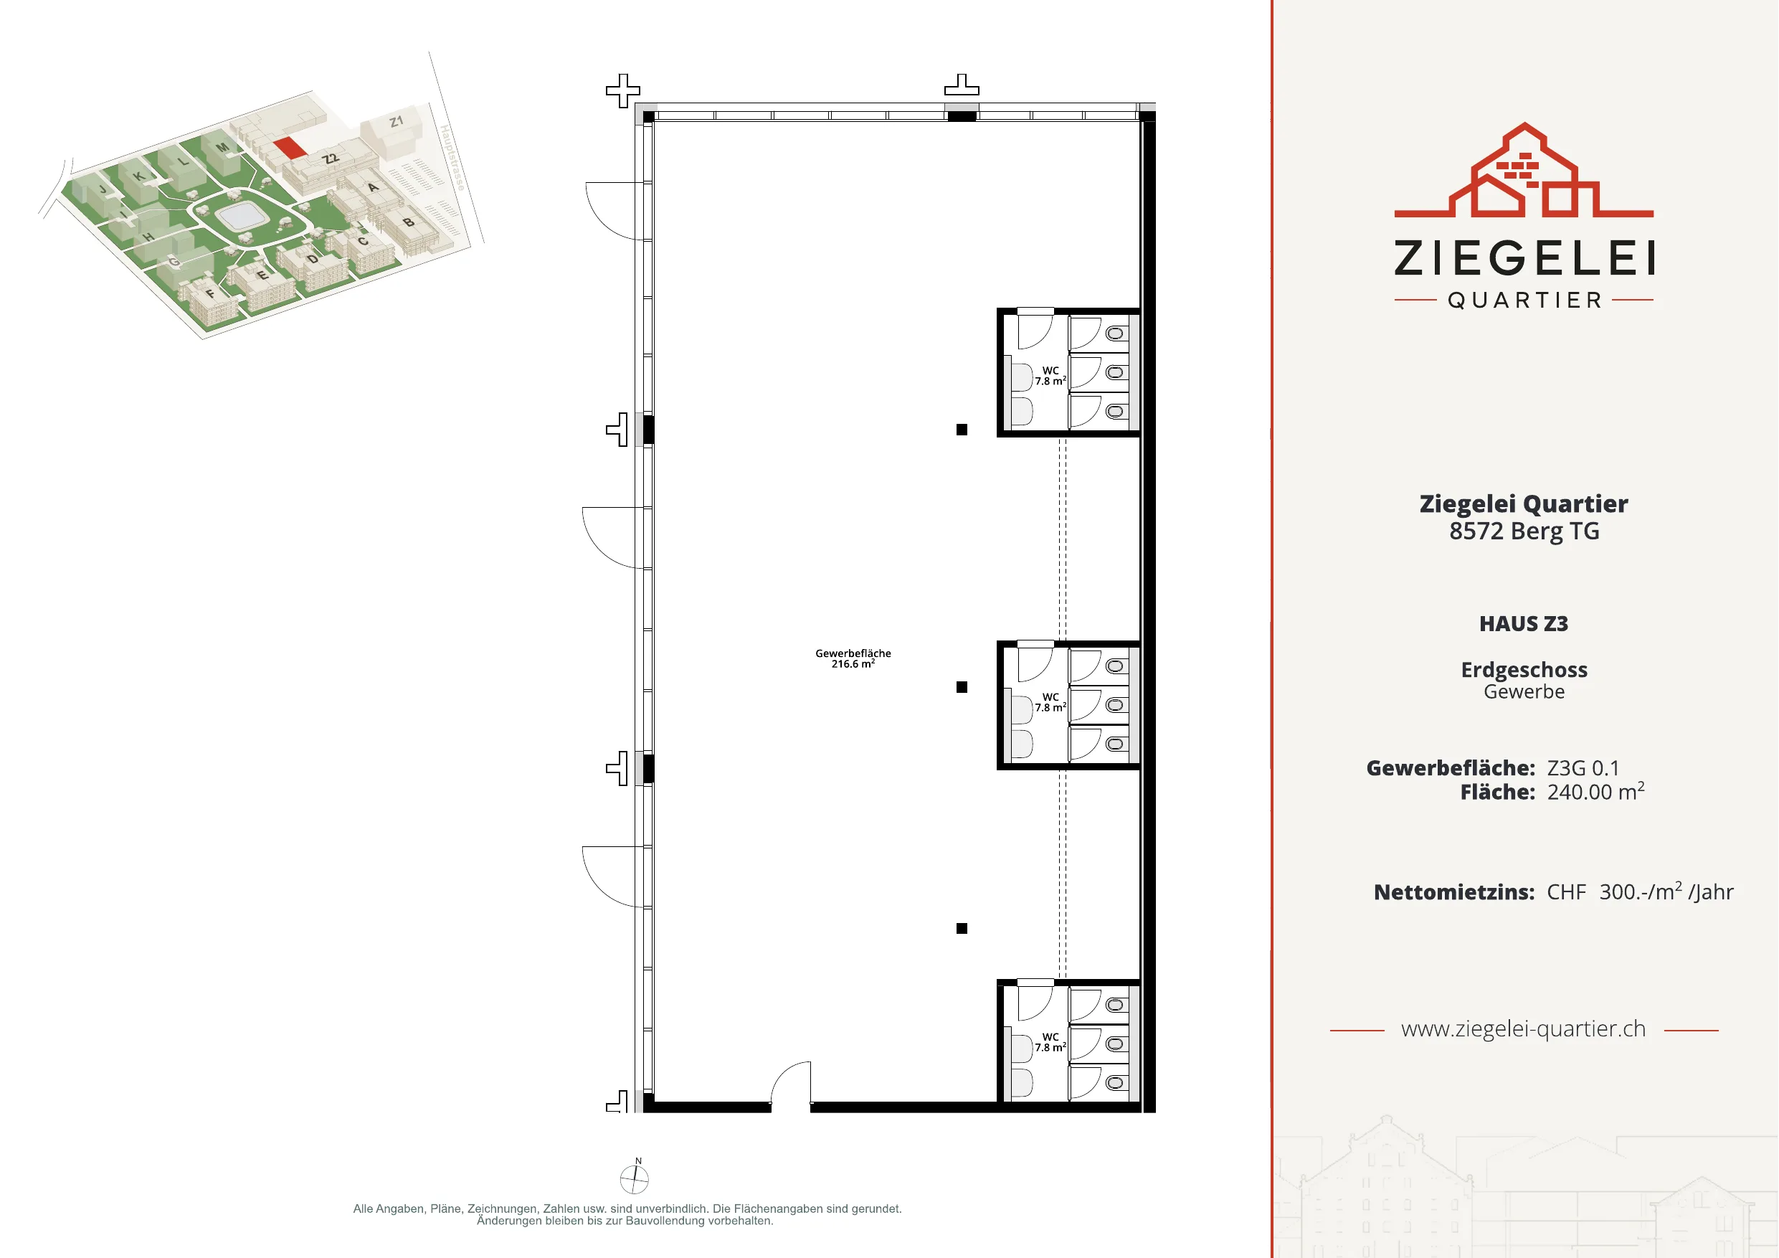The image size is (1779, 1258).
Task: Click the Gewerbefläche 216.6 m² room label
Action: [853, 659]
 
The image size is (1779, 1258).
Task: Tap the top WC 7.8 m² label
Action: [1050, 376]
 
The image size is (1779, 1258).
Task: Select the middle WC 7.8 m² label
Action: [1050, 702]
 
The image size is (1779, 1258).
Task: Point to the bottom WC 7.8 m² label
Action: [1050, 1041]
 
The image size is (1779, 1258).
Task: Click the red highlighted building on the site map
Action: [290, 147]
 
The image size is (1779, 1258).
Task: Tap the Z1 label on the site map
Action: [397, 122]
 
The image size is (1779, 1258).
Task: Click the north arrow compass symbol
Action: [635, 1178]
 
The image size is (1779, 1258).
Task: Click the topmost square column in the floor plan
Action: [962, 430]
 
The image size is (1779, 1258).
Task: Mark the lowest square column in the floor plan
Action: [962, 929]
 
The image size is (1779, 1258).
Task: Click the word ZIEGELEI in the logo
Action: [1524, 258]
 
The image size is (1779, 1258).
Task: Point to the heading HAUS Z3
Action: [1523, 624]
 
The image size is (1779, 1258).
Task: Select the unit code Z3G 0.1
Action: [1583, 768]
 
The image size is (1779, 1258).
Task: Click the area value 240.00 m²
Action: [1595, 791]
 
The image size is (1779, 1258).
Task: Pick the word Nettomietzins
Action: [1453, 892]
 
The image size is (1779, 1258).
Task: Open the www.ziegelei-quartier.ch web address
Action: [1523, 1029]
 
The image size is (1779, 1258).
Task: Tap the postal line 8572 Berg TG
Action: [1524, 531]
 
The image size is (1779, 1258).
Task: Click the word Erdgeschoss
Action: [1524, 670]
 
